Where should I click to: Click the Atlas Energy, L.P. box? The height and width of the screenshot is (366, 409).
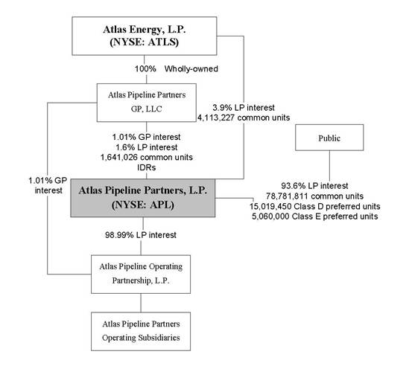pos(145,36)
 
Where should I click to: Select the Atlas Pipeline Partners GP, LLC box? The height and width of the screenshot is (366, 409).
pos(147,103)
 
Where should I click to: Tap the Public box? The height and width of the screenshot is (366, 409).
pos(329,138)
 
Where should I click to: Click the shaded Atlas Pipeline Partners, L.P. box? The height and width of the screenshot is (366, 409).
pos(143,198)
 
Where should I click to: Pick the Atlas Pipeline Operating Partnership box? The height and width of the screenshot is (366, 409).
pos(141,274)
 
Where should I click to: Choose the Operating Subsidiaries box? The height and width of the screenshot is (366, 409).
pos(141,332)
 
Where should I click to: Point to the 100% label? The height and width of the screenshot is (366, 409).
pos(145,69)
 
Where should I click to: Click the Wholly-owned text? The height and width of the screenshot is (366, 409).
pos(191,69)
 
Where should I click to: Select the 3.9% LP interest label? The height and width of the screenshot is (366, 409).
pos(244,108)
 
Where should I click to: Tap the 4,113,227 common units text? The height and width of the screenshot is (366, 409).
pos(244,118)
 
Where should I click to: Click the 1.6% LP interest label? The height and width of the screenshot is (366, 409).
pos(147,147)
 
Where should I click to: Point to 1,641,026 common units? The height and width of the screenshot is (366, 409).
pos(147,158)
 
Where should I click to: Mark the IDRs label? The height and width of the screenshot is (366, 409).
pos(147,167)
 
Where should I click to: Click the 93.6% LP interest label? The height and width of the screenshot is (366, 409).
pos(314,186)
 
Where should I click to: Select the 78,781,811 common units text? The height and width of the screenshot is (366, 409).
pos(314,196)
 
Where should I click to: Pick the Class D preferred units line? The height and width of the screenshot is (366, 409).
pos(315,206)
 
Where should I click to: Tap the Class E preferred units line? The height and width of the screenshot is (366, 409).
pos(315,216)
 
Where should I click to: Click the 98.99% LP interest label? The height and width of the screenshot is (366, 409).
pos(141,235)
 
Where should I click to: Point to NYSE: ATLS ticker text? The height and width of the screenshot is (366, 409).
pos(145,42)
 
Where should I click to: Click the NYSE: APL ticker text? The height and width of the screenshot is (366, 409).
pos(143,205)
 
